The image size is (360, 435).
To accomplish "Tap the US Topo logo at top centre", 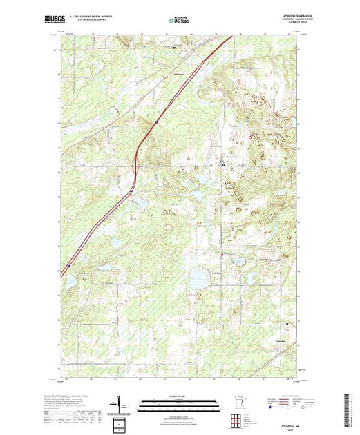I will click(180, 19).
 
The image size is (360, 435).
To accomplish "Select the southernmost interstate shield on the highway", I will click(68, 265).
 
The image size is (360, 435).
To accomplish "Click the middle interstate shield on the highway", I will click(131, 191).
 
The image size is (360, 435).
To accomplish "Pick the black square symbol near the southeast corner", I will click(288, 325).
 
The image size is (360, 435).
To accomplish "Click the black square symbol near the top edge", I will click(174, 48).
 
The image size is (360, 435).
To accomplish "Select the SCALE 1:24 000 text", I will click(180, 396).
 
